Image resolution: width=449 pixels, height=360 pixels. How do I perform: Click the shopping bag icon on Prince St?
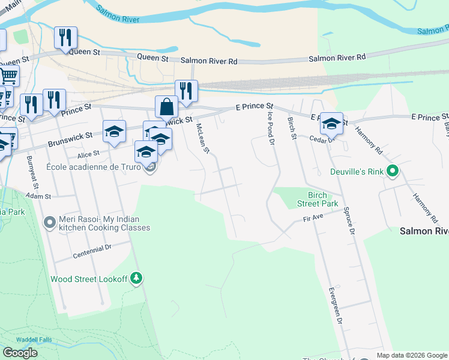[x=167, y=107]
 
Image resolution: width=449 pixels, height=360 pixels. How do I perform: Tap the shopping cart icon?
[x=8, y=76]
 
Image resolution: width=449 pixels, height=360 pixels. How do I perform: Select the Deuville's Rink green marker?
[x=393, y=172]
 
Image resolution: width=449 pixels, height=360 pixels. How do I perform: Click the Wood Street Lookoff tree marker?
[x=137, y=278]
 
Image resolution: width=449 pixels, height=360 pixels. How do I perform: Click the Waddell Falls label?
[x=34, y=340]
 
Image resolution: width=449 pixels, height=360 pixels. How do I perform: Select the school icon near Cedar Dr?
[x=331, y=123]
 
